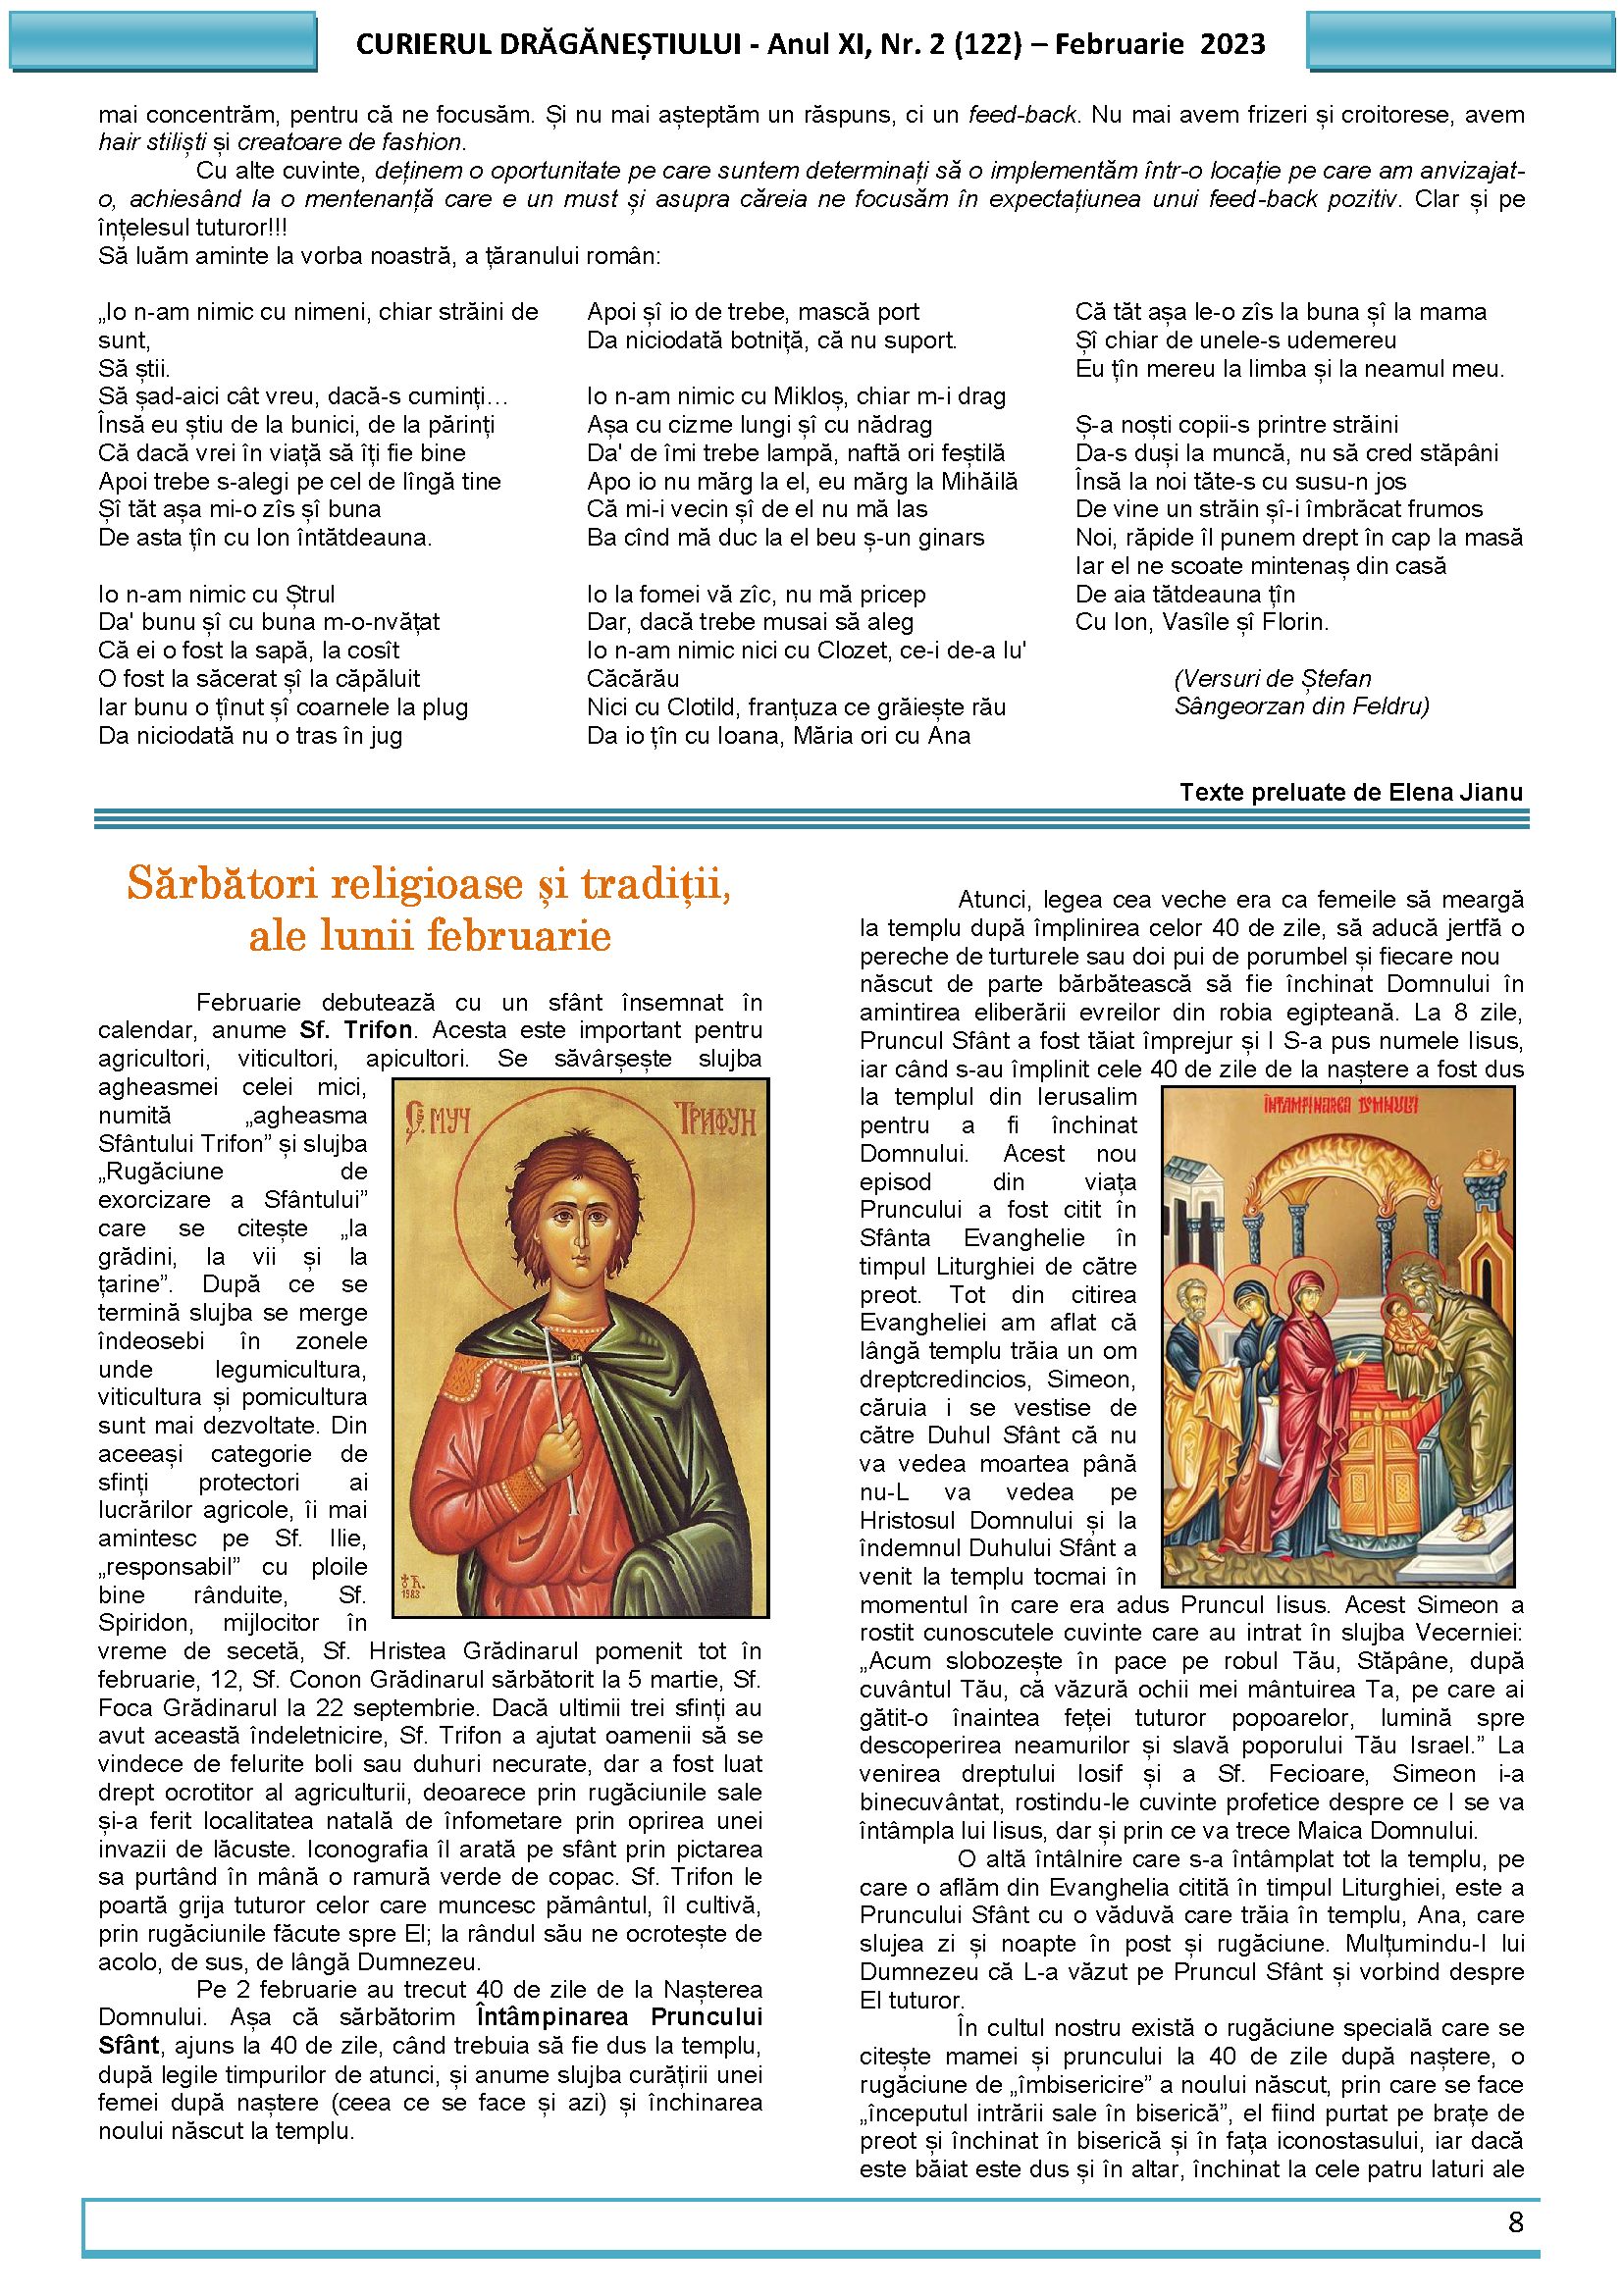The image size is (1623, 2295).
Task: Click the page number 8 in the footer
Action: [1515, 2222]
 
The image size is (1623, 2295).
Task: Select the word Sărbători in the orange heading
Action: [227, 884]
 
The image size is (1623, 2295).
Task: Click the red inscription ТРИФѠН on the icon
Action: [714, 1121]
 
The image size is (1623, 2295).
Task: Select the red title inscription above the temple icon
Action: [1340, 1106]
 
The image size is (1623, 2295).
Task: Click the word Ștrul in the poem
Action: [310, 595]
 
